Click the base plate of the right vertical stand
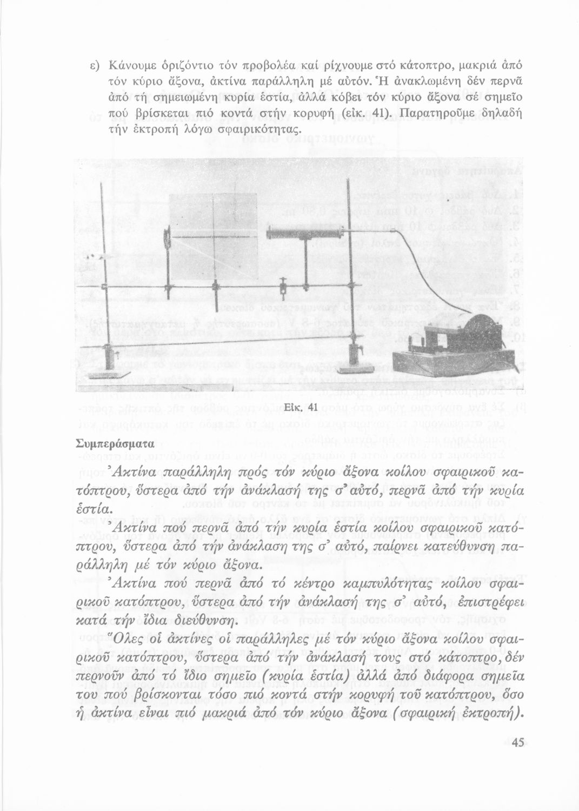tap(355, 370)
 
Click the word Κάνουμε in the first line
tap(132, 65)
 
